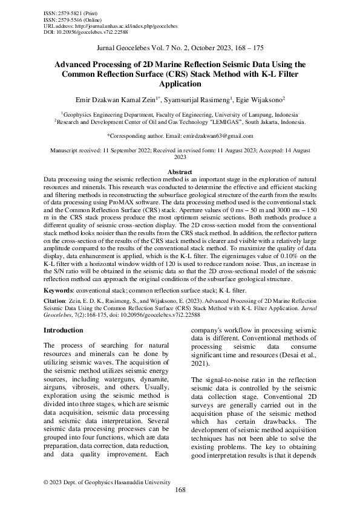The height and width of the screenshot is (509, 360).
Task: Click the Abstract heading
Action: click(x=180, y=172)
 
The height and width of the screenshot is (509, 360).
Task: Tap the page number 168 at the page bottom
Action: click(x=180, y=490)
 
